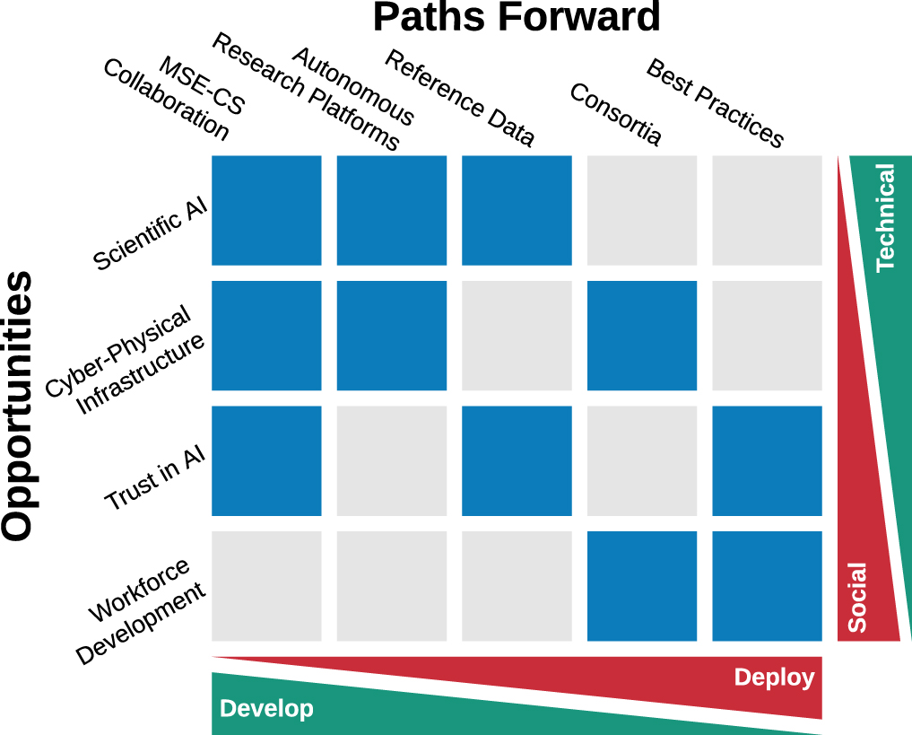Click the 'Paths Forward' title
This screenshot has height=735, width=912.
click(x=517, y=18)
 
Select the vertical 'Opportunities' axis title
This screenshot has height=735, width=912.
click(x=18, y=406)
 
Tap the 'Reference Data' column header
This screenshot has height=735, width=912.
click(x=459, y=99)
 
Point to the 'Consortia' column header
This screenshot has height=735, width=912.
click(x=616, y=114)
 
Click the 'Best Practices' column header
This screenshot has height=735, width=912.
click(x=715, y=103)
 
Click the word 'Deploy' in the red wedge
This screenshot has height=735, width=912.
click(x=774, y=678)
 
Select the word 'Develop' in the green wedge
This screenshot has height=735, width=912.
click(x=266, y=709)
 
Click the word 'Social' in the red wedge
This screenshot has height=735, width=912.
click(x=857, y=597)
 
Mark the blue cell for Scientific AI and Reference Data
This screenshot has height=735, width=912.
click(x=517, y=211)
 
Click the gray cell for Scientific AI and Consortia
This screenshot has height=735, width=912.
click(x=642, y=211)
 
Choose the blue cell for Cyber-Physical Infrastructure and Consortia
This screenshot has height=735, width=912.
click(x=642, y=336)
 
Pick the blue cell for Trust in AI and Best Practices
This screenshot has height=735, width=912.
click(x=767, y=461)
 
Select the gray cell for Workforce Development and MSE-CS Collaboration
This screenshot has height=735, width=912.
click(x=266, y=586)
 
